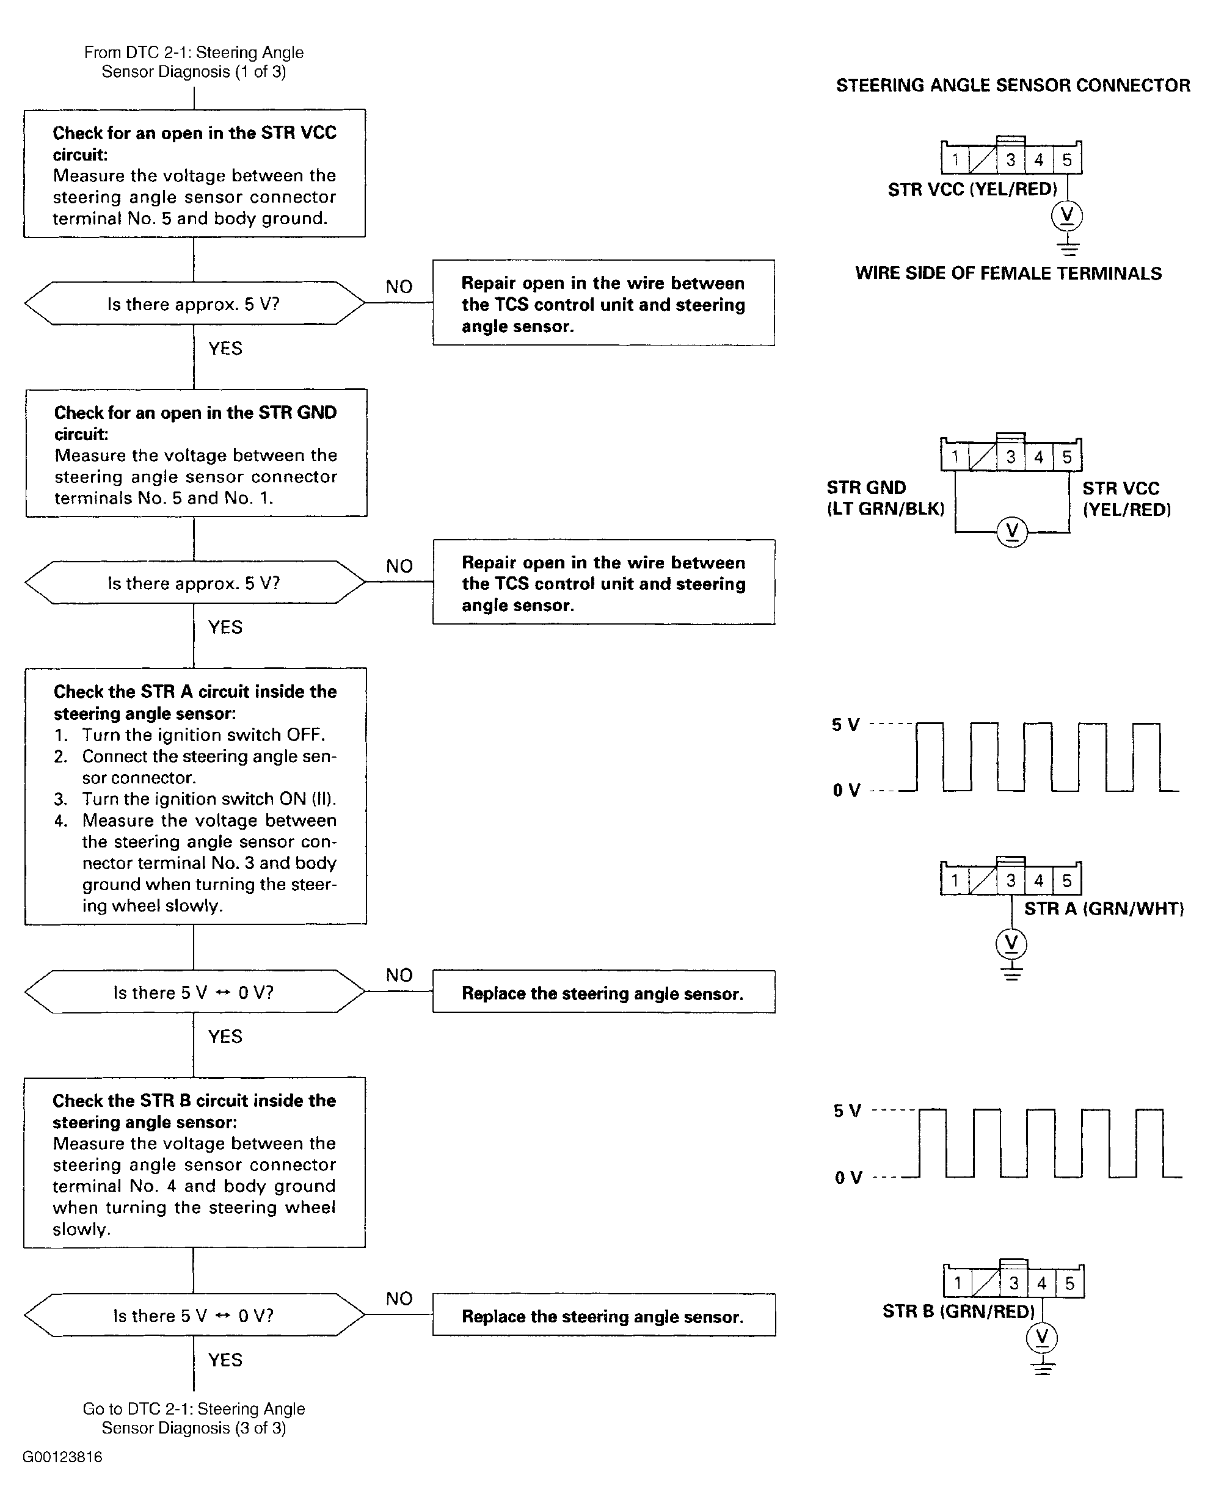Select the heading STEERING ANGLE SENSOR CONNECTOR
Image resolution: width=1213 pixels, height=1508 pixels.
[1013, 85]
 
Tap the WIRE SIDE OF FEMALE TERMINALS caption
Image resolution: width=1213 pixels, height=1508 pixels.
[1008, 274]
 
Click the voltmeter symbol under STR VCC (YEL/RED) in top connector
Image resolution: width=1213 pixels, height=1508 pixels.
[1067, 216]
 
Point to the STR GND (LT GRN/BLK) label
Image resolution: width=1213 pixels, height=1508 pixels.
[885, 498]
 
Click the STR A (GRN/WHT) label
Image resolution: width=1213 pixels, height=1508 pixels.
[1104, 908]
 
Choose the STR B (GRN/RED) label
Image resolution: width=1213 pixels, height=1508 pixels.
[958, 1311]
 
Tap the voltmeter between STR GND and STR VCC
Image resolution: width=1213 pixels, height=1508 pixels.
[1011, 532]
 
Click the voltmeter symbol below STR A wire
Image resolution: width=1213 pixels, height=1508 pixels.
[1011, 944]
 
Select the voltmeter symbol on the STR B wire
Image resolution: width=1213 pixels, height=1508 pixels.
[1041, 1338]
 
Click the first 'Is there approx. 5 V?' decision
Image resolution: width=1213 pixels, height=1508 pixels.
[194, 303]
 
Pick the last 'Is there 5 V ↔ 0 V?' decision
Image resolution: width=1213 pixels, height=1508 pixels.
[194, 1315]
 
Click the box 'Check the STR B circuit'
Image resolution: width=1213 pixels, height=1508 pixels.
[194, 1162]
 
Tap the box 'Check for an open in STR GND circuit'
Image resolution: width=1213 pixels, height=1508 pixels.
[197, 453]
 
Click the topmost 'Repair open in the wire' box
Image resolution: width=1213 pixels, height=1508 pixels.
[603, 303]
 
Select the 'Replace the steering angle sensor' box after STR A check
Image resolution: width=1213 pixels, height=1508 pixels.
[603, 992]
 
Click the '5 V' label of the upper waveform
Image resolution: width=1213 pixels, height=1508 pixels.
[845, 725]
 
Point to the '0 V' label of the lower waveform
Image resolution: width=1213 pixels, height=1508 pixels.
[848, 1178]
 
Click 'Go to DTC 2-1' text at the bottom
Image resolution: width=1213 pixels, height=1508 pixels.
[194, 1418]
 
